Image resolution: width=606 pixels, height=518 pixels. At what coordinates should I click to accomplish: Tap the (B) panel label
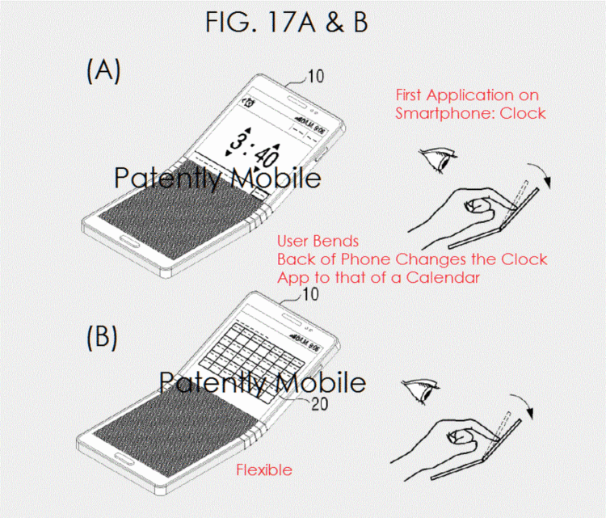[x=103, y=337]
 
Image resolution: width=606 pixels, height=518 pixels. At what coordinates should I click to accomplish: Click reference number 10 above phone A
[x=314, y=78]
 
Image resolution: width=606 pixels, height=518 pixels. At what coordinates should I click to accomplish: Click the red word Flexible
[x=263, y=470]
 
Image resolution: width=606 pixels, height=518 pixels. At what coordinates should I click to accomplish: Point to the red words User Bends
[x=318, y=242]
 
